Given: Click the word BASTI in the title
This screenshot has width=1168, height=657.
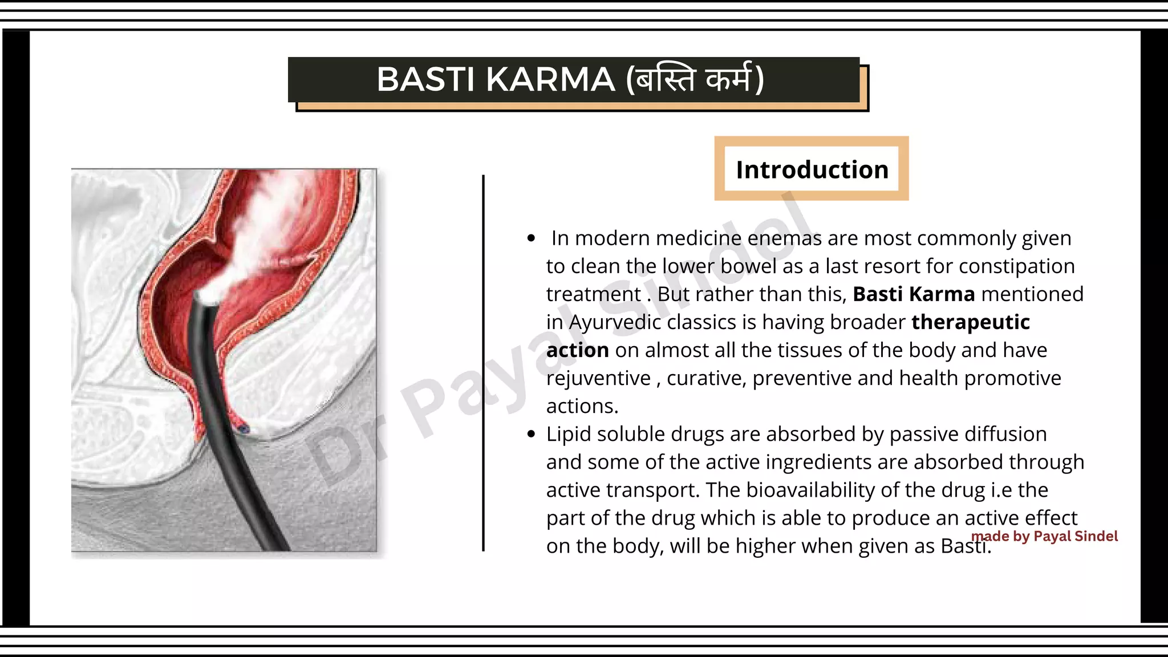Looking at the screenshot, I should coord(425,79).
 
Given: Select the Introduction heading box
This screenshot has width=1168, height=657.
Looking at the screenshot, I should coord(812,169).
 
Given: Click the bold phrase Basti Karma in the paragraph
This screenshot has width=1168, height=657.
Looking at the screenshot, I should coord(914,294).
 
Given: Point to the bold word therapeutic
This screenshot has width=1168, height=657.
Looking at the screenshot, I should coord(971,322).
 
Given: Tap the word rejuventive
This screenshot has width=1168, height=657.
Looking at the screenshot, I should coord(598,378).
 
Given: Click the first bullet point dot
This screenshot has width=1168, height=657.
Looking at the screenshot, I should coord(532,238).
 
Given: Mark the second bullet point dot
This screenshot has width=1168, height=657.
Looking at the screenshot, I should coord(532,435).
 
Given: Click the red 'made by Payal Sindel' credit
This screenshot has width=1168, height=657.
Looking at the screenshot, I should coord(1044,536).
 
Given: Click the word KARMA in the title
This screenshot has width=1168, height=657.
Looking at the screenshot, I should coord(550,79).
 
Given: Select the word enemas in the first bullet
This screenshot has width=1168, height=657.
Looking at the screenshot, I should coord(784,238).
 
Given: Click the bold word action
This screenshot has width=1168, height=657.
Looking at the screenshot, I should coord(577,350).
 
